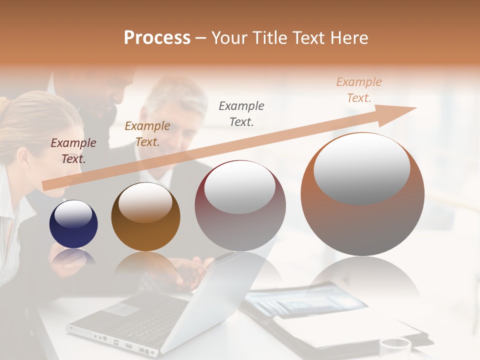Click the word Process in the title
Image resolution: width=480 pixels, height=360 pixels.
(x=157, y=38)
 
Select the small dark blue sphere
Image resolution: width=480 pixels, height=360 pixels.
(x=73, y=224)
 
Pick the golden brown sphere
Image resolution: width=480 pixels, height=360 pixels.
(x=145, y=217)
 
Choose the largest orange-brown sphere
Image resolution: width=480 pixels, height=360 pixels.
(x=362, y=194)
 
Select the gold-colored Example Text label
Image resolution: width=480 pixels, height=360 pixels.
(x=147, y=134)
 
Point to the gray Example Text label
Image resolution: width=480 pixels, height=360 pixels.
(x=241, y=113)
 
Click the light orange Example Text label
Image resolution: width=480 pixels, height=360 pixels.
(x=359, y=90)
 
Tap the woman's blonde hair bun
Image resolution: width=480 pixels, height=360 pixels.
(x=4, y=105)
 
